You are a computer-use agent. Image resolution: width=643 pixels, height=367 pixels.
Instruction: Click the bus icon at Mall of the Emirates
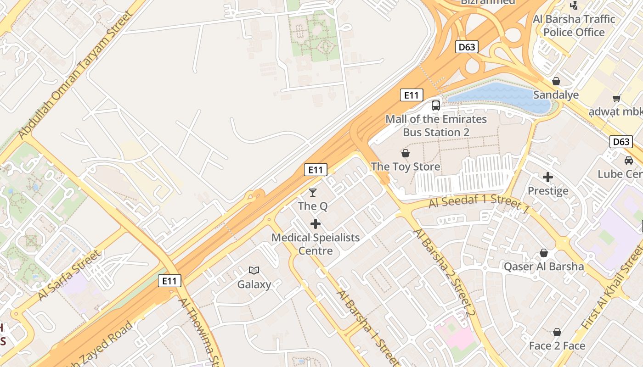tap(436, 106)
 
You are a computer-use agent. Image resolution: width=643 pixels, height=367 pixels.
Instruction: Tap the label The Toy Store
tap(406, 167)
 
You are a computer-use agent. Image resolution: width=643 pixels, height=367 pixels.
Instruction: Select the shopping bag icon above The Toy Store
tap(406, 153)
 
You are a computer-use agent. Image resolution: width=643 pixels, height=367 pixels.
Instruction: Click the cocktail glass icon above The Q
tap(313, 193)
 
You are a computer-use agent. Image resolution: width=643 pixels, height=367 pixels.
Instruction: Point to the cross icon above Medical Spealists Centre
tap(316, 224)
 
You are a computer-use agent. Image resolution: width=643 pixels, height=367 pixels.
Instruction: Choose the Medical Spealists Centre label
tap(316, 244)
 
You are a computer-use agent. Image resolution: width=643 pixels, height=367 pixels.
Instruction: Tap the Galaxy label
tap(254, 284)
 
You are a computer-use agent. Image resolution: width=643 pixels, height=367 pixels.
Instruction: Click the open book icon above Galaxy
tap(254, 271)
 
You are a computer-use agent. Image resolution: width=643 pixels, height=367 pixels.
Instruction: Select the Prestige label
tap(548, 191)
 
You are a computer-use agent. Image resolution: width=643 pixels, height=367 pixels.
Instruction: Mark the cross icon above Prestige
tap(548, 177)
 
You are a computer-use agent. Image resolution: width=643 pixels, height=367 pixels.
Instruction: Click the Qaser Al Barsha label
tap(544, 267)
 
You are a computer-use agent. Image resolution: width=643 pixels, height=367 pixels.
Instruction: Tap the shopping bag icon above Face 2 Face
tap(557, 332)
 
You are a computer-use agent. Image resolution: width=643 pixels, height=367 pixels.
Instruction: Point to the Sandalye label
tap(556, 95)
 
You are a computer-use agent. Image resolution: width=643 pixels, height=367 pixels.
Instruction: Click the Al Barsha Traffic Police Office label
tap(574, 26)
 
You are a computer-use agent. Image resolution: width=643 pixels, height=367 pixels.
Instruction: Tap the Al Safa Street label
tap(69, 275)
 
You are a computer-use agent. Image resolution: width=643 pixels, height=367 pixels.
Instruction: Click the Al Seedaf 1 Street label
tap(479, 202)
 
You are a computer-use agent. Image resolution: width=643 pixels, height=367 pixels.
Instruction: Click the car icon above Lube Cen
tap(629, 161)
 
